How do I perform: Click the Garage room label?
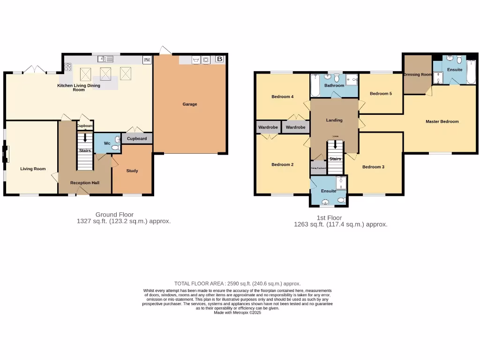pyautogui.click(x=190, y=104)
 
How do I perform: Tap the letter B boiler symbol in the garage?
pyautogui.click(x=219, y=59)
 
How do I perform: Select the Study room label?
pyautogui.click(x=132, y=171)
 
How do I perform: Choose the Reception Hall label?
pyautogui.click(x=84, y=182)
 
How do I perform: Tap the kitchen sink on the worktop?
pyautogui.click(x=103, y=59)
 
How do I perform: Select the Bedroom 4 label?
pyautogui.click(x=282, y=97)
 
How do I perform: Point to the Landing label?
pyautogui.click(x=334, y=120)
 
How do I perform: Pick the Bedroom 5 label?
pyautogui.click(x=381, y=93)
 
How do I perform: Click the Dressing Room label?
pyautogui.click(x=417, y=75)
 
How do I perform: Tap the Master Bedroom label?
pyautogui.click(x=442, y=121)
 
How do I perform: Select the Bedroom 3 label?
pyautogui.click(x=373, y=166)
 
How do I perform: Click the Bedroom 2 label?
pyautogui.click(x=282, y=165)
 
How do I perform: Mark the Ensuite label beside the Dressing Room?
pyautogui.click(x=454, y=69)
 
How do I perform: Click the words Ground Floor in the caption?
pyautogui.click(x=112, y=215)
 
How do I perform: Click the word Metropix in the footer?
pyautogui.click(x=239, y=313)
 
